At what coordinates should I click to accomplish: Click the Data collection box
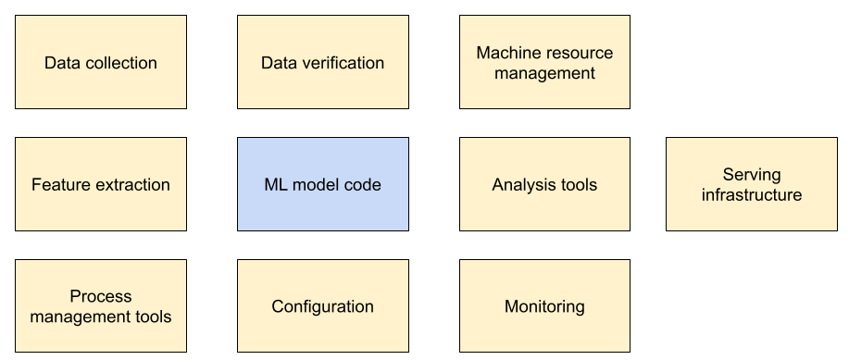[100, 63]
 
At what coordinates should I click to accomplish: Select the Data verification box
[322, 63]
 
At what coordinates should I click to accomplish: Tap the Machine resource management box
[544, 63]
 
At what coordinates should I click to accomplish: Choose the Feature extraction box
[100, 184]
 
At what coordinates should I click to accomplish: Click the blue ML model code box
[322, 184]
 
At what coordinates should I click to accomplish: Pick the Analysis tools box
[544, 184]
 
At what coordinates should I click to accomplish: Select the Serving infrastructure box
[751, 184]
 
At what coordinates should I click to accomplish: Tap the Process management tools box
[100, 306]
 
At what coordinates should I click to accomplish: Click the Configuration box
[322, 306]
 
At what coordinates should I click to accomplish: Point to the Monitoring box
[544, 306]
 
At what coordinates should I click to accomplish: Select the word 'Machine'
[506, 53]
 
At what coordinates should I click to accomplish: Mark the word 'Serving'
[752, 174]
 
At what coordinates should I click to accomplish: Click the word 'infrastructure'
[752, 195]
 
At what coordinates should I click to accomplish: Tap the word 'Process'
[101, 296]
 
